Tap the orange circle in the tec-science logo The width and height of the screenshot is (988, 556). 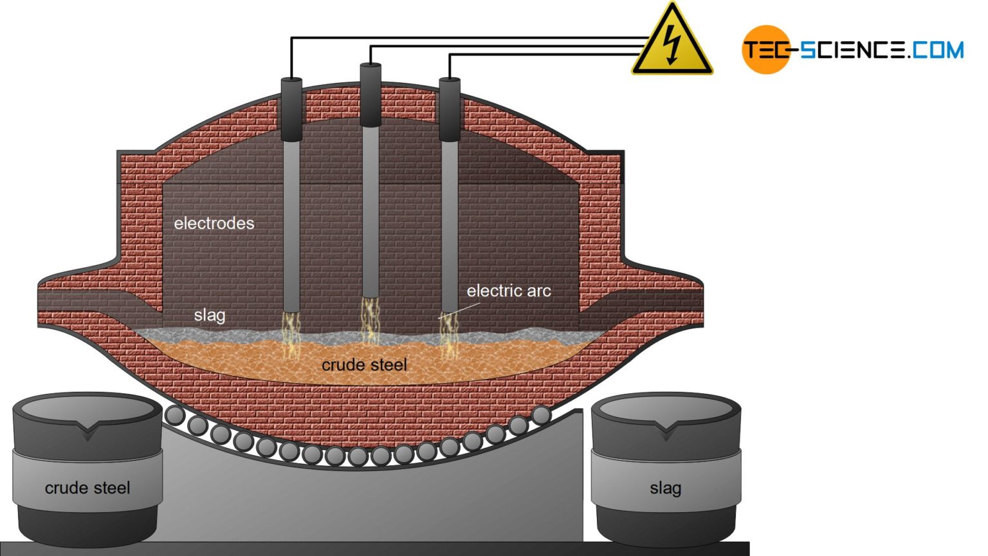[x=765, y=50]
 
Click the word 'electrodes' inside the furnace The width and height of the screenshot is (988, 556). [x=214, y=223]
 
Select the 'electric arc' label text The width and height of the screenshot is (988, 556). [x=509, y=291]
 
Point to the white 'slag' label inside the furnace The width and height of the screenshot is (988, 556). [x=210, y=315]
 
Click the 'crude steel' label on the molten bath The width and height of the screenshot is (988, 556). [x=364, y=365]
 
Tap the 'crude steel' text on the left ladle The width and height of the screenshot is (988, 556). [x=87, y=488]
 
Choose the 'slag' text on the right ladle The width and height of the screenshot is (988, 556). [x=665, y=488]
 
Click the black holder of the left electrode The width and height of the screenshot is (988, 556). [x=291, y=108]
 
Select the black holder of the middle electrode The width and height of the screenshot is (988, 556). [x=370, y=95]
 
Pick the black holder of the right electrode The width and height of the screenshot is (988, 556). [x=450, y=108]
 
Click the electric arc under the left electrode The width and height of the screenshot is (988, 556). [x=291, y=331]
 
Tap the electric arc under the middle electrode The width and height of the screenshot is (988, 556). [x=370, y=319]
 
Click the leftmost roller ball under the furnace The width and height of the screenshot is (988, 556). [x=175, y=415]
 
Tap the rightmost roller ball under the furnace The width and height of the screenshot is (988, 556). [x=541, y=415]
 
